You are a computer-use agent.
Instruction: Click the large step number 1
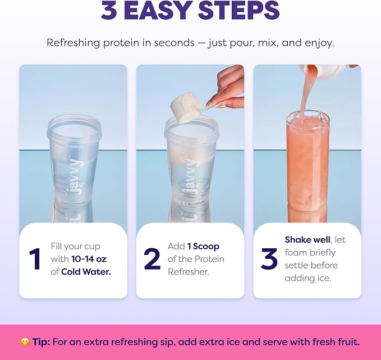pyautogui.click(x=34, y=259)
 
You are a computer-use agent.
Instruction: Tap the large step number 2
pyautogui.click(x=152, y=259)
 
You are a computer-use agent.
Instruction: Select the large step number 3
pyautogui.click(x=269, y=259)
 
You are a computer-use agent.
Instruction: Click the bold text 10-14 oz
pyautogui.click(x=89, y=259)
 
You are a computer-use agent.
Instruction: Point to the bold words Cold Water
pyautogui.click(x=86, y=272)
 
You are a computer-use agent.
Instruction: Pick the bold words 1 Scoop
pyautogui.click(x=203, y=246)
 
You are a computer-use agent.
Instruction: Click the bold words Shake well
pyautogui.click(x=307, y=240)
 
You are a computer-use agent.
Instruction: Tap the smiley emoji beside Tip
pyautogui.click(x=25, y=342)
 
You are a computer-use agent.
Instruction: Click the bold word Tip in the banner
pyautogui.click(x=41, y=342)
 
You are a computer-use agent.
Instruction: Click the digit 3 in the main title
pyautogui.click(x=109, y=11)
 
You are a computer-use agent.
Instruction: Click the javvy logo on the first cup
pyautogui.click(x=74, y=176)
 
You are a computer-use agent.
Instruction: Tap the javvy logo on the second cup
pyautogui.click(x=191, y=176)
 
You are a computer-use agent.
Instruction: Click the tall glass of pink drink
pyautogui.click(x=307, y=166)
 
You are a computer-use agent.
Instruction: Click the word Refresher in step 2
pyautogui.click(x=189, y=272)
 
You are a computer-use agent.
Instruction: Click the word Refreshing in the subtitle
pyautogui.click(x=74, y=43)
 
